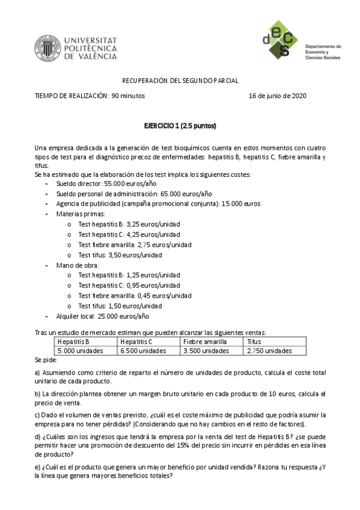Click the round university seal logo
click(46, 48)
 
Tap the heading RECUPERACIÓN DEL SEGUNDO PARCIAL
click(180, 80)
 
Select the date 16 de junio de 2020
click(278, 96)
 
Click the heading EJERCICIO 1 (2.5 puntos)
click(180, 126)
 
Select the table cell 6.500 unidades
click(143, 351)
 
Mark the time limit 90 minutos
click(128, 96)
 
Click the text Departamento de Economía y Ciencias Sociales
click(323, 52)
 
